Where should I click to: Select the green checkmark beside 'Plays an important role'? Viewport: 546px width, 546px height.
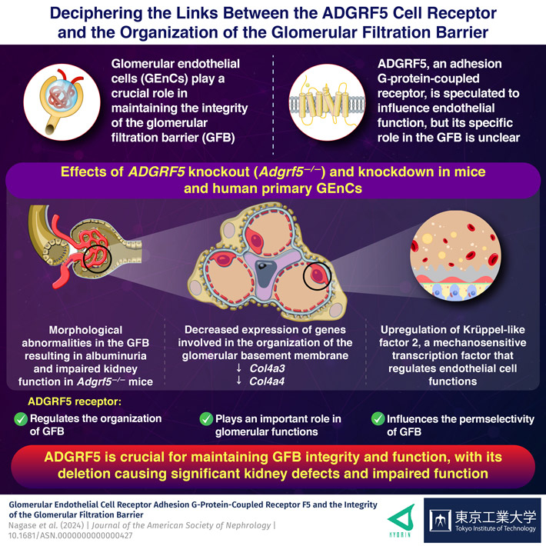click(x=207, y=419)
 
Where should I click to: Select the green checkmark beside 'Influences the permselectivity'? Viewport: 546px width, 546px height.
click(x=378, y=419)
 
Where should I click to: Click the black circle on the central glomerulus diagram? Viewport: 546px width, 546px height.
click(x=317, y=274)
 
